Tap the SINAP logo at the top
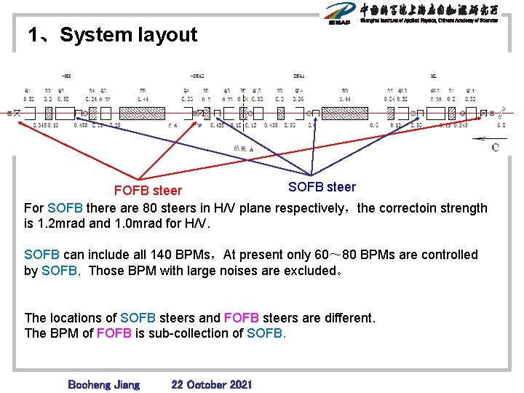340,13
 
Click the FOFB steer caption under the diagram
148,191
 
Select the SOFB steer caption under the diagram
322,187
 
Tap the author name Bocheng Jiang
103,384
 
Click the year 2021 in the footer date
237,384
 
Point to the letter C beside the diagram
496,148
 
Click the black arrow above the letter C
480,138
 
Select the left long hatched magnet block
143,114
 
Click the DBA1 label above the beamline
299,76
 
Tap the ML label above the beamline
433,76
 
